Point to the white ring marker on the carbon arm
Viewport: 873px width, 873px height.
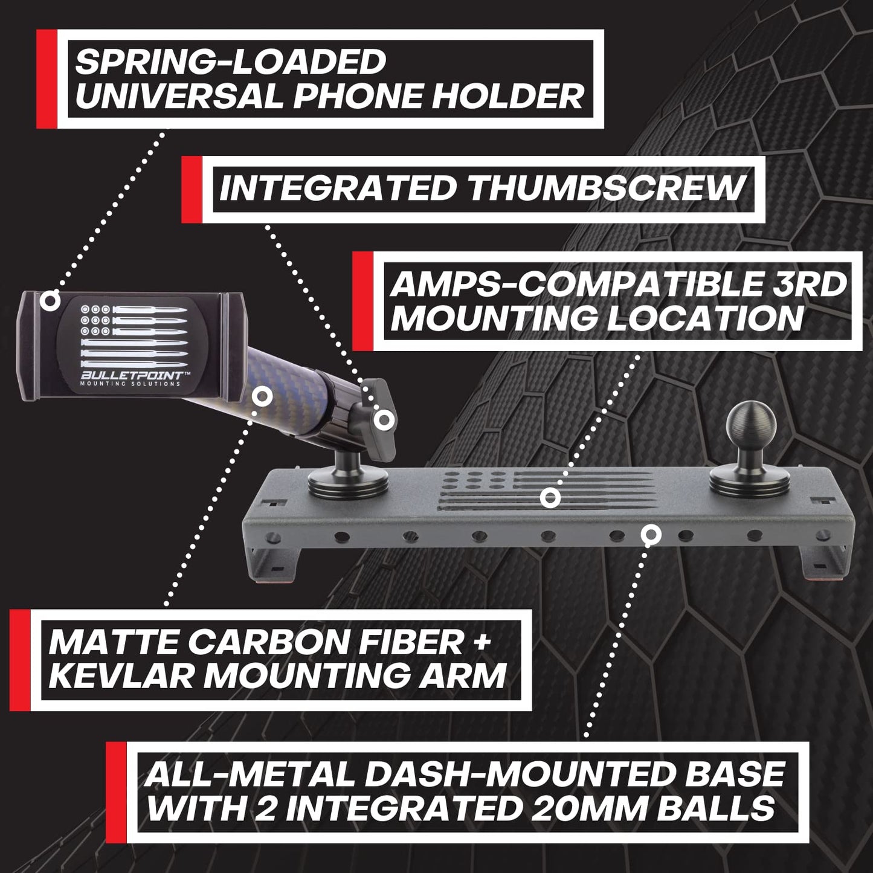click(262, 397)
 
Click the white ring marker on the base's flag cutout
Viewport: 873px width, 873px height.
click(550, 498)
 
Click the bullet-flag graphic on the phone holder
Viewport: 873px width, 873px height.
click(134, 335)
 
